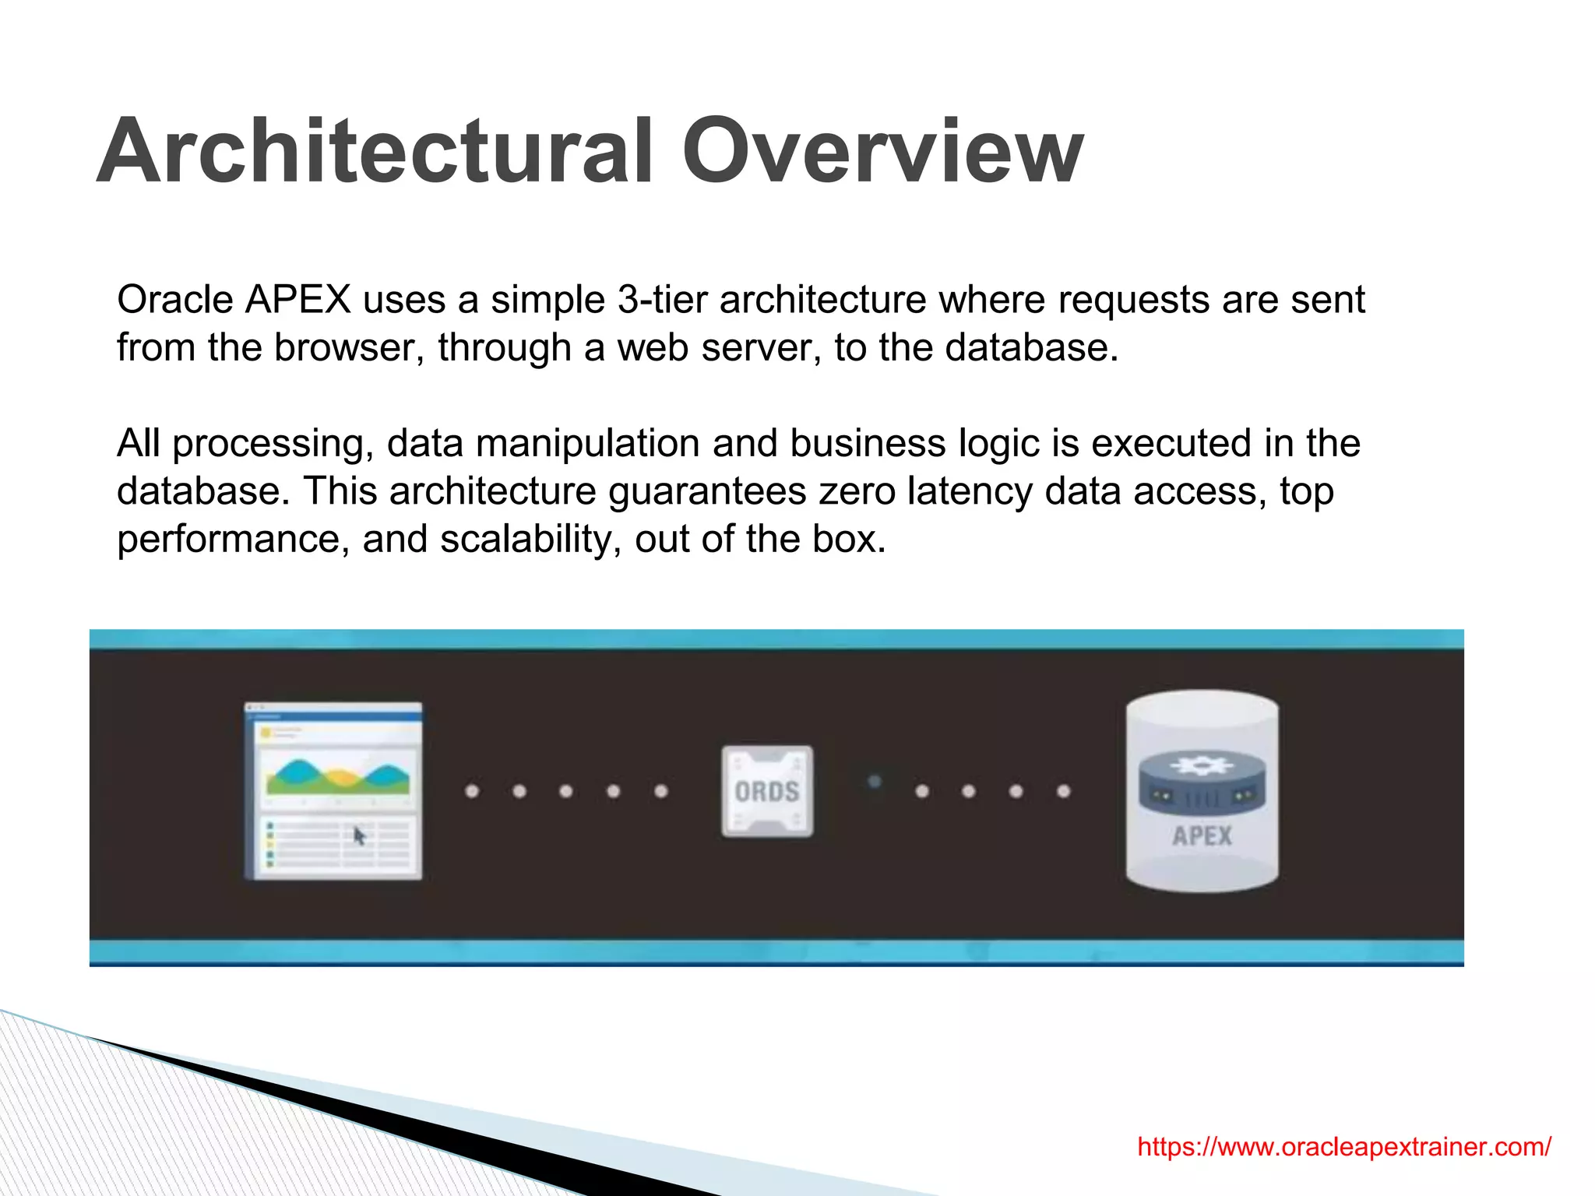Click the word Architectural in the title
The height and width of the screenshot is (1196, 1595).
(x=374, y=151)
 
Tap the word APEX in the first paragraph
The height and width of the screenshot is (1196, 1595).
(x=298, y=300)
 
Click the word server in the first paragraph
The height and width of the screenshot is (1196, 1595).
(x=761, y=347)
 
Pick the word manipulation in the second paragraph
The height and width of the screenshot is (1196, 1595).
(x=587, y=443)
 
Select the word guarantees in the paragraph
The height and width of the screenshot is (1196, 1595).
(x=706, y=491)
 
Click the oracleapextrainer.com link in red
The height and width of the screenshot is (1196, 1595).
(x=1343, y=1146)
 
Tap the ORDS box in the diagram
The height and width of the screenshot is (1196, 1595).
(x=767, y=791)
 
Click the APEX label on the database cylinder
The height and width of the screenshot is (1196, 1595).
(x=1202, y=836)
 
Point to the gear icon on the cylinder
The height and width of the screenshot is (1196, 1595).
(x=1202, y=765)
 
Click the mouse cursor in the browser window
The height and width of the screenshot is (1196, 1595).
(x=359, y=836)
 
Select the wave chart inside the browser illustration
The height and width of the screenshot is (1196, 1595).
(x=337, y=777)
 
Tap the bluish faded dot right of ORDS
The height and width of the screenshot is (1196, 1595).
(x=875, y=781)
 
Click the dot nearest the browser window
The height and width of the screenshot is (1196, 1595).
(x=472, y=791)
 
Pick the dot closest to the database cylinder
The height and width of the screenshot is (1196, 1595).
(x=1064, y=791)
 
